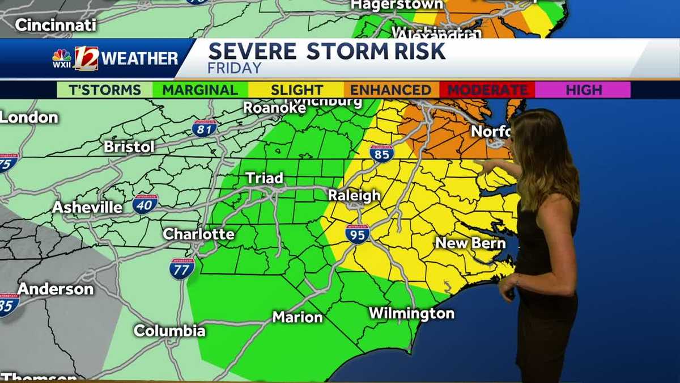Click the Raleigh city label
354,196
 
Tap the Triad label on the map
264,178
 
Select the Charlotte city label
198,234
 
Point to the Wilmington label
411,313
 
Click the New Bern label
470,243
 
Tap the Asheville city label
87,207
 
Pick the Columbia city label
169,331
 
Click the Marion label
297,317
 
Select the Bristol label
129,146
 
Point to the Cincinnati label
56,25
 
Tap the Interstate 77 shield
182,268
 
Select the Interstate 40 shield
146,204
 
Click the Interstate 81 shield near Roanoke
204,128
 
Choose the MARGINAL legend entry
200,90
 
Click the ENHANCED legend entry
390,90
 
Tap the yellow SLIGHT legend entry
296,90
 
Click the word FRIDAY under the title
235,68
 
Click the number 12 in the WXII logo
86,58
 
